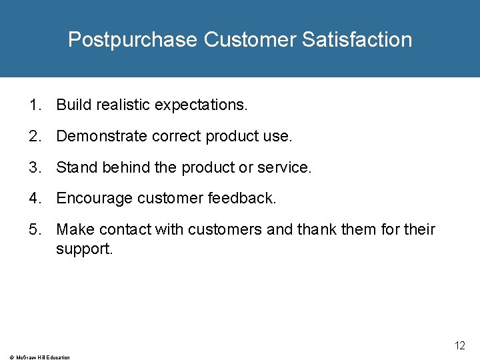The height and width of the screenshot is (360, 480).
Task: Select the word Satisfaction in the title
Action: [357, 40]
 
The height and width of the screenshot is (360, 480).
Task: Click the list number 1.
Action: [33, 105]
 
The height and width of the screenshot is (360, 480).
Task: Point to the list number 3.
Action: [33, 167]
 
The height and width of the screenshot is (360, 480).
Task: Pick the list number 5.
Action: [33, 230]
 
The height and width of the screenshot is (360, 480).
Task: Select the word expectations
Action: [201, 105]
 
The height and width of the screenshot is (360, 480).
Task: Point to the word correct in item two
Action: [177, 136]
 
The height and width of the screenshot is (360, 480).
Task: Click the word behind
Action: [126, 167]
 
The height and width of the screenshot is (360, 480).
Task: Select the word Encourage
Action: [94, 199]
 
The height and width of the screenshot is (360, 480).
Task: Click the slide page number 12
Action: [460, 345]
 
